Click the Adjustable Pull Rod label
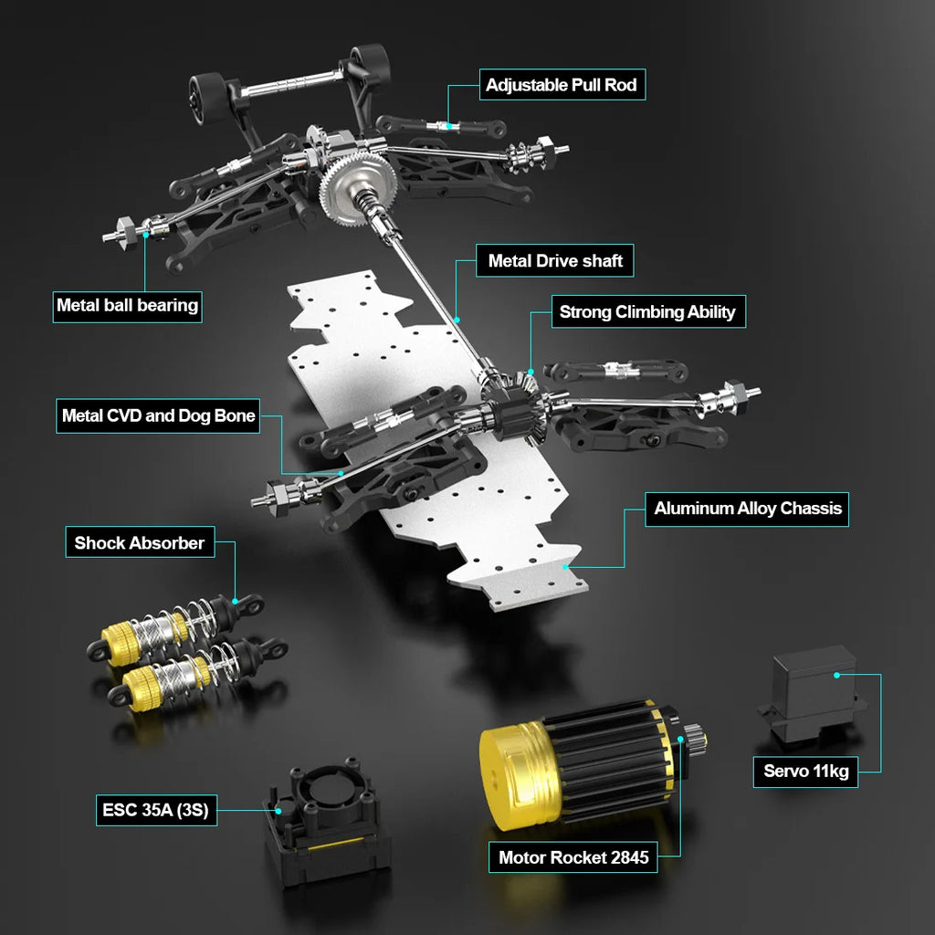point(562,85)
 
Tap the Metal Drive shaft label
point(554,260)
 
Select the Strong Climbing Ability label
point(648,311)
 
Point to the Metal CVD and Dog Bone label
point(158,415)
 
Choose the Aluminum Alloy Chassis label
point(747,509)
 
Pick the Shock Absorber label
point(140,542)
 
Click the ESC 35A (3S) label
point(156,810)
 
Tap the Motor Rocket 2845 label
point(573,857)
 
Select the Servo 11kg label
point(805,772)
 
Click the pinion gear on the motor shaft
point(695,737)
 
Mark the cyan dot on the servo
point(836,675)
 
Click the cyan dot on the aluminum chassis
point(564,567)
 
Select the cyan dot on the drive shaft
point(457,320)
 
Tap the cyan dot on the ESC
point(278,811)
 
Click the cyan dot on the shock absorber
point(235,601)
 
